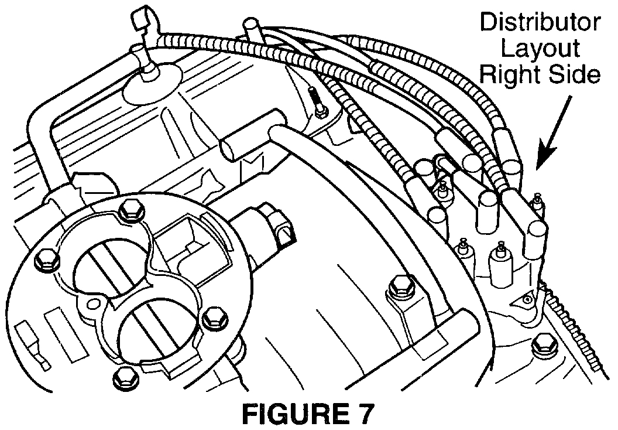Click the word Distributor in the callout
[540, 23]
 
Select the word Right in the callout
[514, 76]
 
